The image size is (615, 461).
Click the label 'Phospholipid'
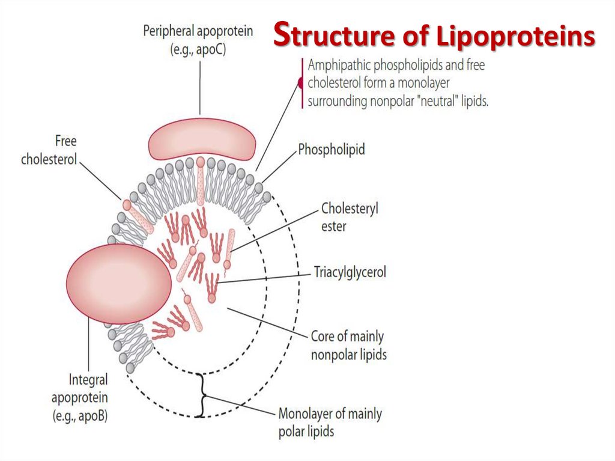coord(332,150)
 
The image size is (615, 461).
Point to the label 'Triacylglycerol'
coord(350,272)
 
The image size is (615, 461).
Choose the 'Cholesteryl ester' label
coord(350,218)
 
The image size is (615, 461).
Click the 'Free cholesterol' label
coord(49,151)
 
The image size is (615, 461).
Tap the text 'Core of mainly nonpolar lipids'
coord(348,345)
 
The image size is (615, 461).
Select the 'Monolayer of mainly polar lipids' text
coord(330,422)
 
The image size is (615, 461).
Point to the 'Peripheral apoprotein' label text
coord(198,31)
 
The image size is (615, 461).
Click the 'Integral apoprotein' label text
coord(88,380)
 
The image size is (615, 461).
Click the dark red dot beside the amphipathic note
coord(300,84)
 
